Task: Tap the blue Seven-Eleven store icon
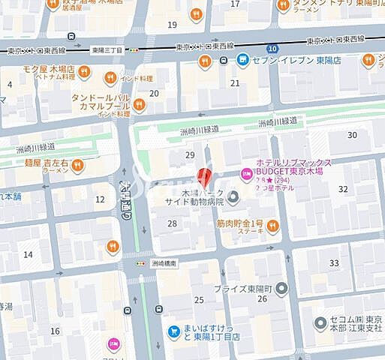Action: pos(242,59)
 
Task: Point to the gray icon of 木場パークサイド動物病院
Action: pos(233,197)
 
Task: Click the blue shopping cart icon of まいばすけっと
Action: pos(173,329)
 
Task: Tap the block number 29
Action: pos(190,154)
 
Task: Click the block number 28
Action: pos(173,223)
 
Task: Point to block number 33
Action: pos(334,263)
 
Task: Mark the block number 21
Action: pos(235,83)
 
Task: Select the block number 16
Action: pos(55,331)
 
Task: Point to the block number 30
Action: pos(352,134)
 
